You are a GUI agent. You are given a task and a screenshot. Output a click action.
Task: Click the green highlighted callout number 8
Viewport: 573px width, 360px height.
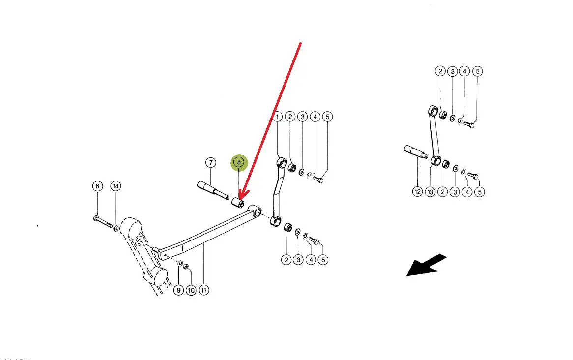coord(238,162)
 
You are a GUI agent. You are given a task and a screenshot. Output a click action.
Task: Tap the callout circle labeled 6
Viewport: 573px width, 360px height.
coord(97,186)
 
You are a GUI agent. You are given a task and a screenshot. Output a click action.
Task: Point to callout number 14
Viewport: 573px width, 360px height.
coord(115,186)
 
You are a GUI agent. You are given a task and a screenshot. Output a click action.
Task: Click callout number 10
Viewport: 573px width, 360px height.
coord(191,291)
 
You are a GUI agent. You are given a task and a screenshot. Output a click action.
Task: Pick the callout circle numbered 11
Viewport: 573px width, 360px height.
coord(204,291)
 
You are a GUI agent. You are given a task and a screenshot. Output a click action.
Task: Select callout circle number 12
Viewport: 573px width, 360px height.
coord(417,192)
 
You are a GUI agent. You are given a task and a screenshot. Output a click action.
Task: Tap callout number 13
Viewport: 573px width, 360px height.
coord(430,192)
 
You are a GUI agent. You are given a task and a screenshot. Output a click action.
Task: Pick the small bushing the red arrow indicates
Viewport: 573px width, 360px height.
coord(237,203)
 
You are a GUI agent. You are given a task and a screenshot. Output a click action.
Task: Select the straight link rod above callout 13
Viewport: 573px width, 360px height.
coord(434,133)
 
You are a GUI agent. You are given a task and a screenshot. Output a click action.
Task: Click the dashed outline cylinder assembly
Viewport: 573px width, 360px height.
coord(143,251)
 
